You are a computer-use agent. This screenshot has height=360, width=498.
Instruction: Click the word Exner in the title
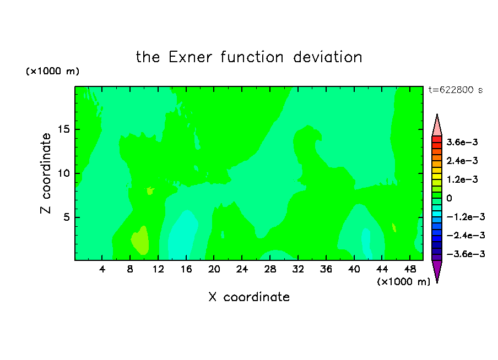point(190,57)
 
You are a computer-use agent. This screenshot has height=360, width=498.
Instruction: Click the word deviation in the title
point(327,57)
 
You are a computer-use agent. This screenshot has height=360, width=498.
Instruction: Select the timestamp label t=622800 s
point(456,90)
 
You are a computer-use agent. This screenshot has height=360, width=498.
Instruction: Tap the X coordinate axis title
point(249,297)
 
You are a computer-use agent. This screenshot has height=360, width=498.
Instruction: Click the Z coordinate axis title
point(46,173)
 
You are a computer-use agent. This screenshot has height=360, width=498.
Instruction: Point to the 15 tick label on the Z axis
point(63,129)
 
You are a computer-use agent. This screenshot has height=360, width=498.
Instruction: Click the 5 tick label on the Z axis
point(66,217)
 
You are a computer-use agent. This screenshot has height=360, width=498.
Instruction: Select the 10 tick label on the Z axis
point(63,173)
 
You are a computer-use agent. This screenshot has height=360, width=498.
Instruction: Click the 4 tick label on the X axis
point(102,269)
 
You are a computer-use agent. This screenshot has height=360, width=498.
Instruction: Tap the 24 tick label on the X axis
point(242,269)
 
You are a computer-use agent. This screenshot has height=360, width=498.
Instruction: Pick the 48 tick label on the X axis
point(410,269)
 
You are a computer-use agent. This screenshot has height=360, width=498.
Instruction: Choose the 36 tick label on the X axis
point(326,269)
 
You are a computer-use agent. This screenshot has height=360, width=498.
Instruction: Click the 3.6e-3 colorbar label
point(462,142)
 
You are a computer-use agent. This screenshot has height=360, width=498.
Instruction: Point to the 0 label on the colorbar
point(449,198)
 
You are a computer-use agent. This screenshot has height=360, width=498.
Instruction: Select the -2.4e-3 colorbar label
point(466,236)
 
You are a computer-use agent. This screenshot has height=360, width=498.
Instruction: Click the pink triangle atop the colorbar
point(437,127)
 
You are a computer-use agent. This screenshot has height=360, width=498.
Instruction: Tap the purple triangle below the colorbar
point(437,270)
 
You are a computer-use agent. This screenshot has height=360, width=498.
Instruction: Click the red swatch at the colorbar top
point(437,139)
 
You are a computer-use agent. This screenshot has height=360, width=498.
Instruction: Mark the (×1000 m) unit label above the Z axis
point(52,71)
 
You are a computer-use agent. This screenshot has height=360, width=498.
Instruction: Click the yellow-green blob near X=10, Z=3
point(140,241)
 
